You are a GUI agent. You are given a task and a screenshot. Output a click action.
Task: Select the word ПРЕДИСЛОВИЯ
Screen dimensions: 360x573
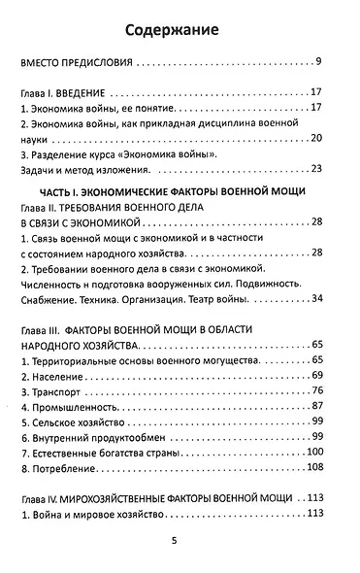[x=93, y=65]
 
